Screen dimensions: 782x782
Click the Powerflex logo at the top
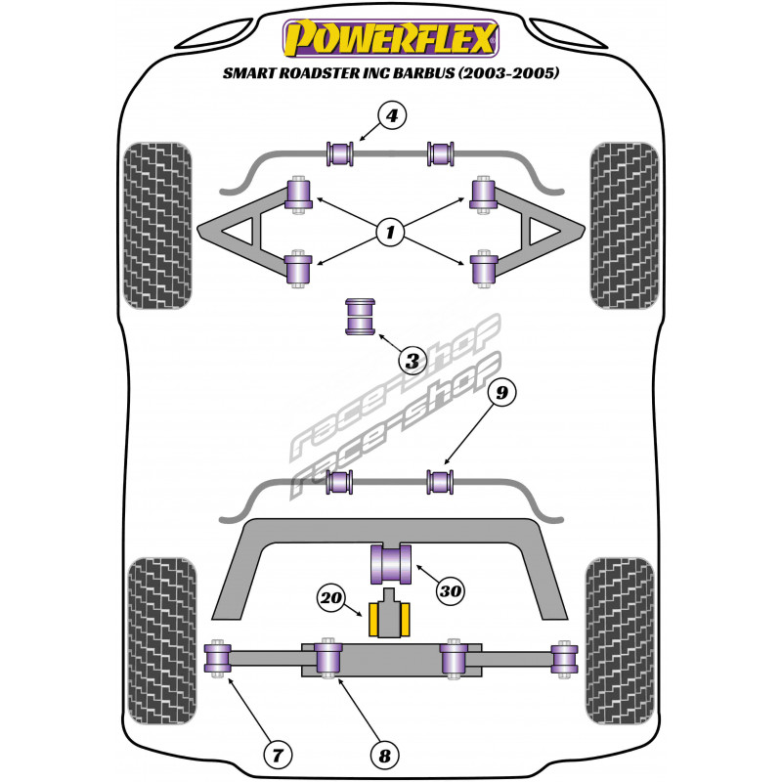tap(391, 39)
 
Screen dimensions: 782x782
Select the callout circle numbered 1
tap(391, 233)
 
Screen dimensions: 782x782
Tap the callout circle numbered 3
tap(413, 362)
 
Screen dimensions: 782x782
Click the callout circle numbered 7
tap(278, 753)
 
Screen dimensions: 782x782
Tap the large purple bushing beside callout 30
tap(391, 563)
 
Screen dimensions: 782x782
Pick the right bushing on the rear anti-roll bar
tap(441, 480)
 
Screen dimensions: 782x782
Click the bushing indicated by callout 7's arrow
tap(218, 657)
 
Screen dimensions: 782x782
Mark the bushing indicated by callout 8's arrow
tap(329, 657)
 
